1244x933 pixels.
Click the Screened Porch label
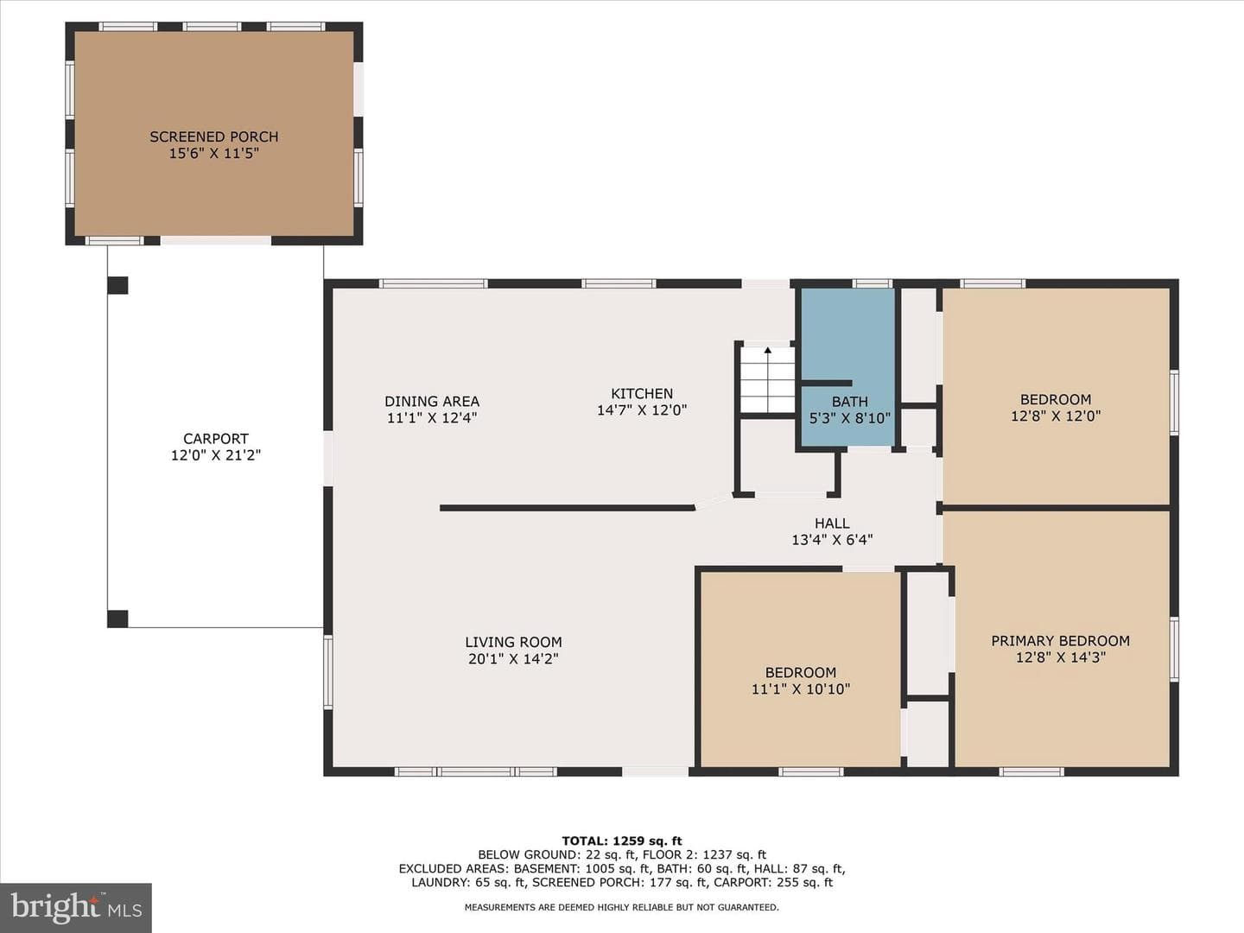pyautogui.click(x=213, y=136)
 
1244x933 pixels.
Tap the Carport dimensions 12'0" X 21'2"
pyautogui.click(x=216, y=455)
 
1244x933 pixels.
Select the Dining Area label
pyautogui.click(x=432, y=401)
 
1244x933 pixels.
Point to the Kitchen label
pyautogui.click(x=642, y=393)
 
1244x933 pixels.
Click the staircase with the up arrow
pyautogui.click(x=768, y=379)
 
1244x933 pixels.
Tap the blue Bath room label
pyautogui.click(x=849, y=402)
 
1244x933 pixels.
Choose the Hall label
pyautogui.click(x=832, y=523)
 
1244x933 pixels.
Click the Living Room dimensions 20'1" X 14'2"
pyautogui.click(x=513, y=659)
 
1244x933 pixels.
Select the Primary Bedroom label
pyautogui.click(x=1060, y=641)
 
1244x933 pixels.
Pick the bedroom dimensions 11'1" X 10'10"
pyautogui.click(x=801, y=689)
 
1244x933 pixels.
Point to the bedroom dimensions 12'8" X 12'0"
pyautogui.click(x=1056, y=416)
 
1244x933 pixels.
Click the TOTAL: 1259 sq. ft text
pyautogui.click(x=622, y=841)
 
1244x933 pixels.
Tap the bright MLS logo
pyautogui.click(x=76, y=907)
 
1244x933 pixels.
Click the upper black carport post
pyautogui.click(x=117, y=285)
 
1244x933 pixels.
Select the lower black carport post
pyautogui.click(x=117, y=619)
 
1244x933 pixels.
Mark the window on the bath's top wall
pyautogui.click(x=873, y=283)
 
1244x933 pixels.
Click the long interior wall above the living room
pyautogui.click(x=568, y=508)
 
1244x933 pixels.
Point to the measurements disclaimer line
pyautogui.click(x=622, y=907)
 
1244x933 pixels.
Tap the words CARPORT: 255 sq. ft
pyautogui.click(x=773, y=883)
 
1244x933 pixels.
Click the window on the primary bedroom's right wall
pyautogui.click(x=1174, y=649)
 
